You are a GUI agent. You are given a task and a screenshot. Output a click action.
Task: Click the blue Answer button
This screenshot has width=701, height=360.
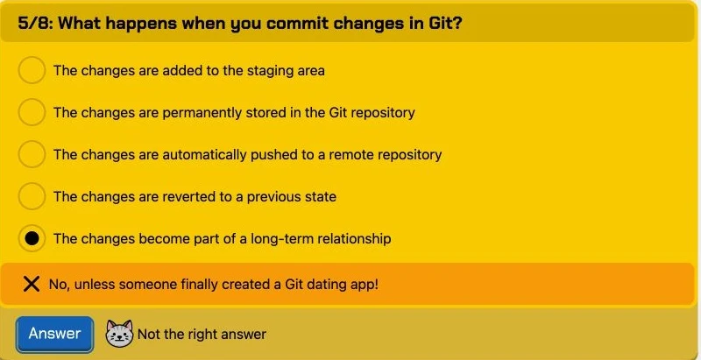[x=54, y=334]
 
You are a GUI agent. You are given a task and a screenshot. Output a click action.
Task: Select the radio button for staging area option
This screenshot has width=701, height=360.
[x=32, y=70]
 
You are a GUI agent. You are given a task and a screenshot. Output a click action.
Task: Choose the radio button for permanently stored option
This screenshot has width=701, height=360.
[x=32, y=112]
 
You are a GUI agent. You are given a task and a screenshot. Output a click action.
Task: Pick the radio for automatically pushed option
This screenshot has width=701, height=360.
[x=32, y=154]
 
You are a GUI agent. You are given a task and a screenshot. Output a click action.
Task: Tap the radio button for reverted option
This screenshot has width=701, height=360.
[x=32, y=196]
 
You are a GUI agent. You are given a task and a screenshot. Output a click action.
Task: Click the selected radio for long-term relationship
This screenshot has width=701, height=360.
[x=32, y=238]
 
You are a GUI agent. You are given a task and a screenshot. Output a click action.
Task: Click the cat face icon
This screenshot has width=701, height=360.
[x=119, y=334]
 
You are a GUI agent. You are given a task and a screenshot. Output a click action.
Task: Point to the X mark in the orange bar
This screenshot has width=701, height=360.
[x=32, y=284]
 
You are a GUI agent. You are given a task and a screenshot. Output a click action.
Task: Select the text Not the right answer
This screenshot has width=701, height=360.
[x=202, y=334]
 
